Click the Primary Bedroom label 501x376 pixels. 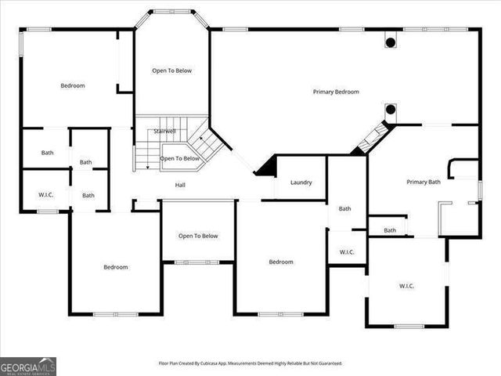coord(336,92)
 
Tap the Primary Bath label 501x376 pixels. coord(424,182)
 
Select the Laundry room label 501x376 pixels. coord(301,183)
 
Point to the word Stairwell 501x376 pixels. coord(164,131)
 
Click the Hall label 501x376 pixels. coord(180,185)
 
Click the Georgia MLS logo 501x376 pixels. coord(28,366)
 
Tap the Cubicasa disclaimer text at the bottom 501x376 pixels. coord(250,363)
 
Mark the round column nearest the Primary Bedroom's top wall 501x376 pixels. coord(389,42)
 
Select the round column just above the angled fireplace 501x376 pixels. coord(389,110)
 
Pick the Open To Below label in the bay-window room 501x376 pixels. coord(171,70)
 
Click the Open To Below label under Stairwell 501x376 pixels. coord(179,158)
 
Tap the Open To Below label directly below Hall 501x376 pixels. coord(197,236)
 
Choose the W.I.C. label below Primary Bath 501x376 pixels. coord(406,286)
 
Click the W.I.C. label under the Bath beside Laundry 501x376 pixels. coord(347,252)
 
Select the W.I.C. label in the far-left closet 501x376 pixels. coord(45,194)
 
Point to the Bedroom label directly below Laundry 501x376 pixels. coord(281,262)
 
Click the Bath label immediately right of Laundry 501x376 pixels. coord(345,208)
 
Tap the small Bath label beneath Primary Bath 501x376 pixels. coord(389,230)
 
